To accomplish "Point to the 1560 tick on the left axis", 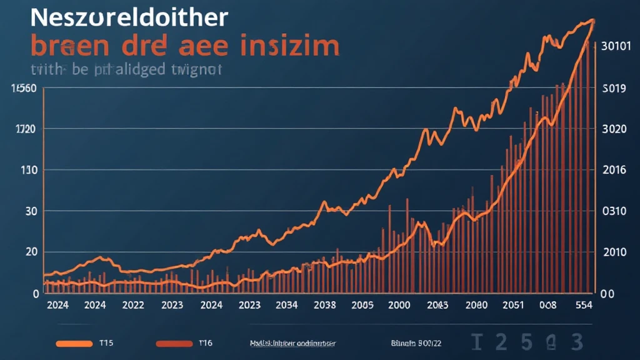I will [x=22, y=88].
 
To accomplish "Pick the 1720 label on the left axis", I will [x=25, y=129].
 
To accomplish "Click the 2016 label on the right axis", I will [x=613, y=171].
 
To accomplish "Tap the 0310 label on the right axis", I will [x=613, y=211].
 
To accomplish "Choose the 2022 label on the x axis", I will [x=133, y=306].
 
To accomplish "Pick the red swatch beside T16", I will [x=174, y=343].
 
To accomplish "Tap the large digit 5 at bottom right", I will [x=526, y=342].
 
